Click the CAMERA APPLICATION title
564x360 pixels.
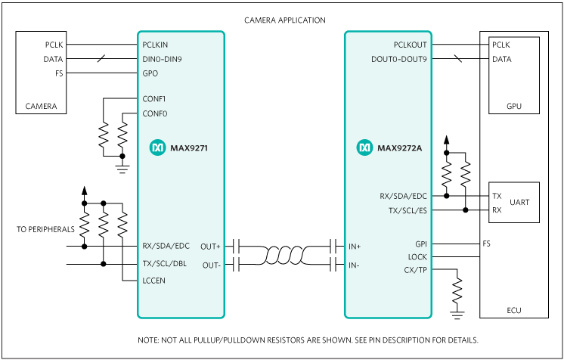285,20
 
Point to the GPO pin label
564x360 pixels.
150,73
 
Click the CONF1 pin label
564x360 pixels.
154,99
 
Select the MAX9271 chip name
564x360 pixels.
189,148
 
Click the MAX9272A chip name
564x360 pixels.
399,148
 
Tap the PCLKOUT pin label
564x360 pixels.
409,45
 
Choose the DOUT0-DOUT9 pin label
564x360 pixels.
398,59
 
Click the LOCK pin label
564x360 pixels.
416,257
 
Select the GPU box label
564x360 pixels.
513,106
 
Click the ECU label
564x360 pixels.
514,310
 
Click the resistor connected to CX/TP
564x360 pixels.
456,290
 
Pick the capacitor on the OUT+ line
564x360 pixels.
237,246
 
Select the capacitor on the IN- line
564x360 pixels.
333,264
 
